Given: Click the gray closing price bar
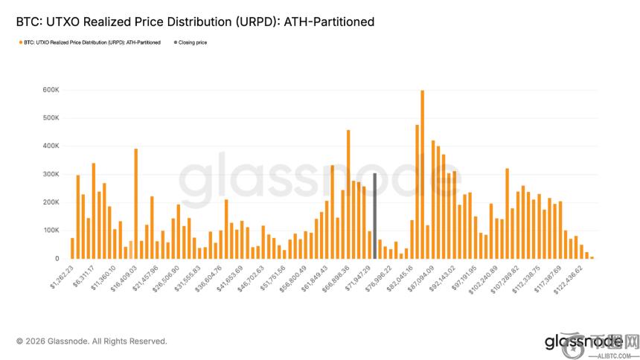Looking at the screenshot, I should [375, 216].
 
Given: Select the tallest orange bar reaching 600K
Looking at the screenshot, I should [422, 175].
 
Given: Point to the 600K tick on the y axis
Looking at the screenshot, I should [51, 90].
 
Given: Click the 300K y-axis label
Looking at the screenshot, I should [51, 174].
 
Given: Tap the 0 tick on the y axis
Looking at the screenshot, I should [56, 259].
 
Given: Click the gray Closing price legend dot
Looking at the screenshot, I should [176, 42].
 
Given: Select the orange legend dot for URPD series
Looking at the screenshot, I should [19, 42].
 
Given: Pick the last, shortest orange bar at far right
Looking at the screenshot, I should [592, 257].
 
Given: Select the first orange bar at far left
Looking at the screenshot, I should [72, 248].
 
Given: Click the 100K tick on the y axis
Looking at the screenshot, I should [51, 231].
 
